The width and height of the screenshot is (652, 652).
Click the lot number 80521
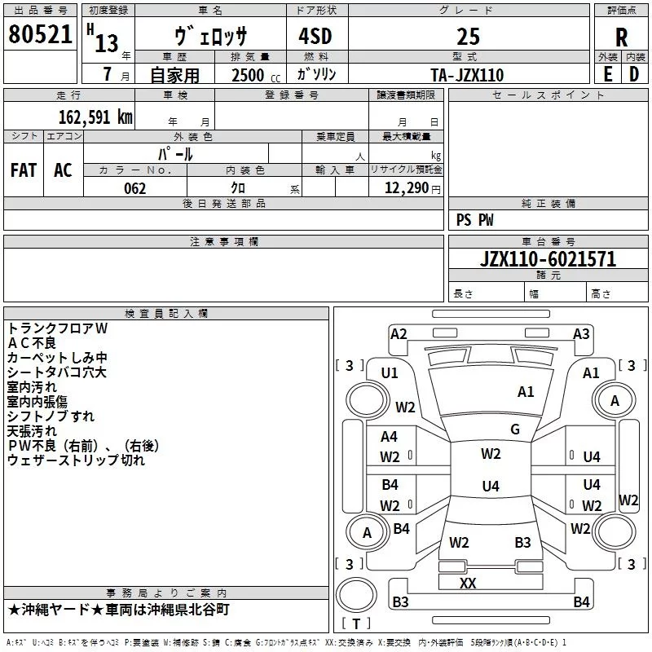coord(40,34)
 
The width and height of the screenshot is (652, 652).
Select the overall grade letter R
coord(621,37)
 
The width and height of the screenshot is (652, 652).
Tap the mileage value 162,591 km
coord(95,117)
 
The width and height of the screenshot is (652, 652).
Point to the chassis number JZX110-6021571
coord(548,259)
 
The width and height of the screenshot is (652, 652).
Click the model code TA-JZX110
coord(467,75)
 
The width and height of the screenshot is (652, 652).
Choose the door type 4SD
coord(315,36)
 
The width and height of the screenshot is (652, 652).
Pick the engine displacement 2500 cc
coord(256,75)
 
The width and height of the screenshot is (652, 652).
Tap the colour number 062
coord(134,188)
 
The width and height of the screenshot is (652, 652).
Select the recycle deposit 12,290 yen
coord(412,188)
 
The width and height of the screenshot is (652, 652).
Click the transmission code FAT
coord(24,170)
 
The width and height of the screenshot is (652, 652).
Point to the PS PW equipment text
coord(474,219)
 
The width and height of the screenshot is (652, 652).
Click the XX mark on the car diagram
coord(468,583)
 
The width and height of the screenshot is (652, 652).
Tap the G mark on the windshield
coord(515,429)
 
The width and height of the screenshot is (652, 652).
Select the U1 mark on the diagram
coord(390,373)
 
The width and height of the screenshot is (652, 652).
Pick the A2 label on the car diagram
coord(399,334)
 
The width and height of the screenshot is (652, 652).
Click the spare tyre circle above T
coord(356,595)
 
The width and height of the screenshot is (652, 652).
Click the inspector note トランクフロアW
coord(57,328)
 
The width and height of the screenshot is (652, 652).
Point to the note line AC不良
coord(32,343)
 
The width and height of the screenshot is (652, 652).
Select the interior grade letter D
coord(634,74)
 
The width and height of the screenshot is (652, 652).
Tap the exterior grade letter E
coord(608,74)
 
